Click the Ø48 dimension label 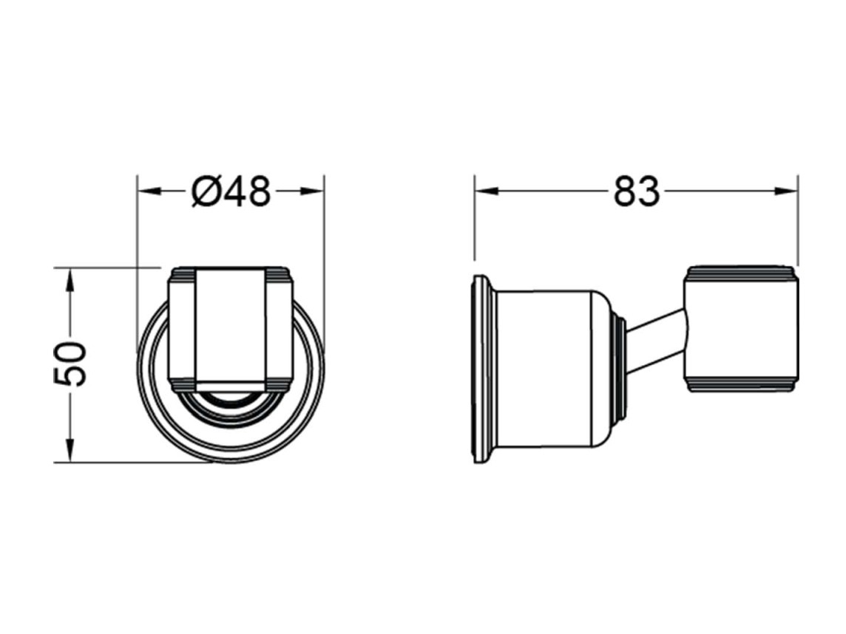(x=231, y=191)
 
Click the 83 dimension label (x=637, y=191)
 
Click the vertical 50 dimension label (x=70, y=364)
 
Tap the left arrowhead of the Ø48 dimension (x=149, y=191)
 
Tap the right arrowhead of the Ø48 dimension (x=312, y=191)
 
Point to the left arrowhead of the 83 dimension (x=487, y=191)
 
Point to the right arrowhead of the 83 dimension (x=785, y=191)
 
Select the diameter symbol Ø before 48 (x=206, y=191)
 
